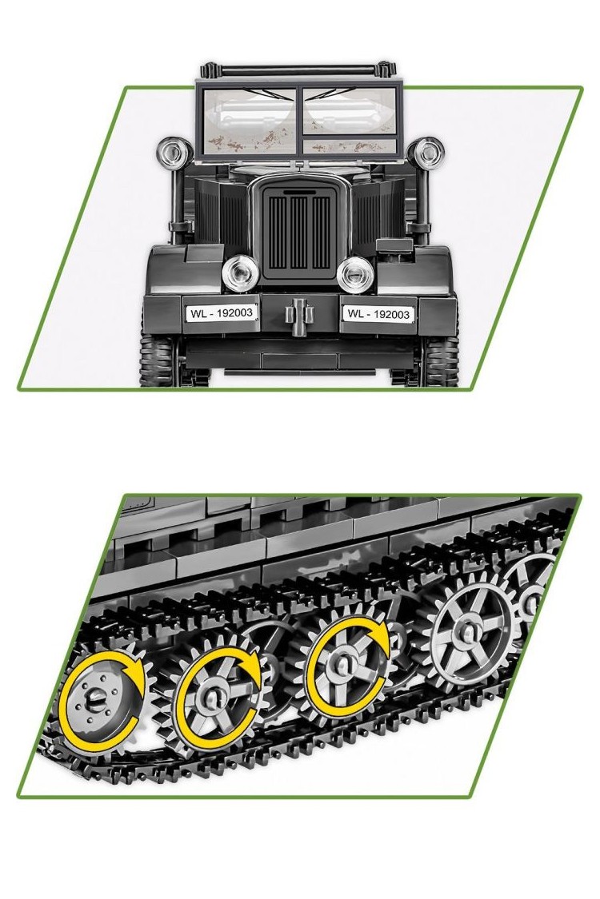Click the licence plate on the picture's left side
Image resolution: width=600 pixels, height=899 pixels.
[x=221, y=313]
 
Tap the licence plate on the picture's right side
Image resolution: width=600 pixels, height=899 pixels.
[x=378, y=313]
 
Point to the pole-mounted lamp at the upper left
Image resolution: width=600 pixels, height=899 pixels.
[x=172, y=152]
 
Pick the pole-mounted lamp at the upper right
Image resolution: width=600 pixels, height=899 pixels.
[x=425, y=152]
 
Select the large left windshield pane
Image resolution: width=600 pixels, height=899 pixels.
[x=249, y=121]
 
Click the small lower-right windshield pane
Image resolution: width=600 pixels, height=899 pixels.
[x=350, y=146]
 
